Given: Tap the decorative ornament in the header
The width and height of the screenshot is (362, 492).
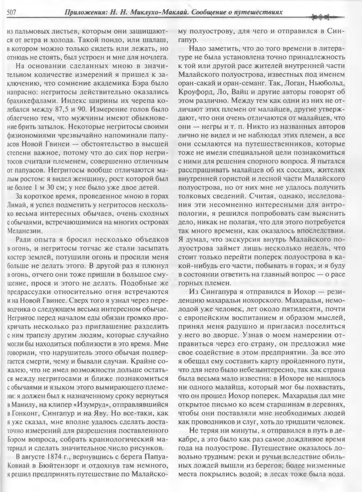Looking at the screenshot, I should click(323, 16).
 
